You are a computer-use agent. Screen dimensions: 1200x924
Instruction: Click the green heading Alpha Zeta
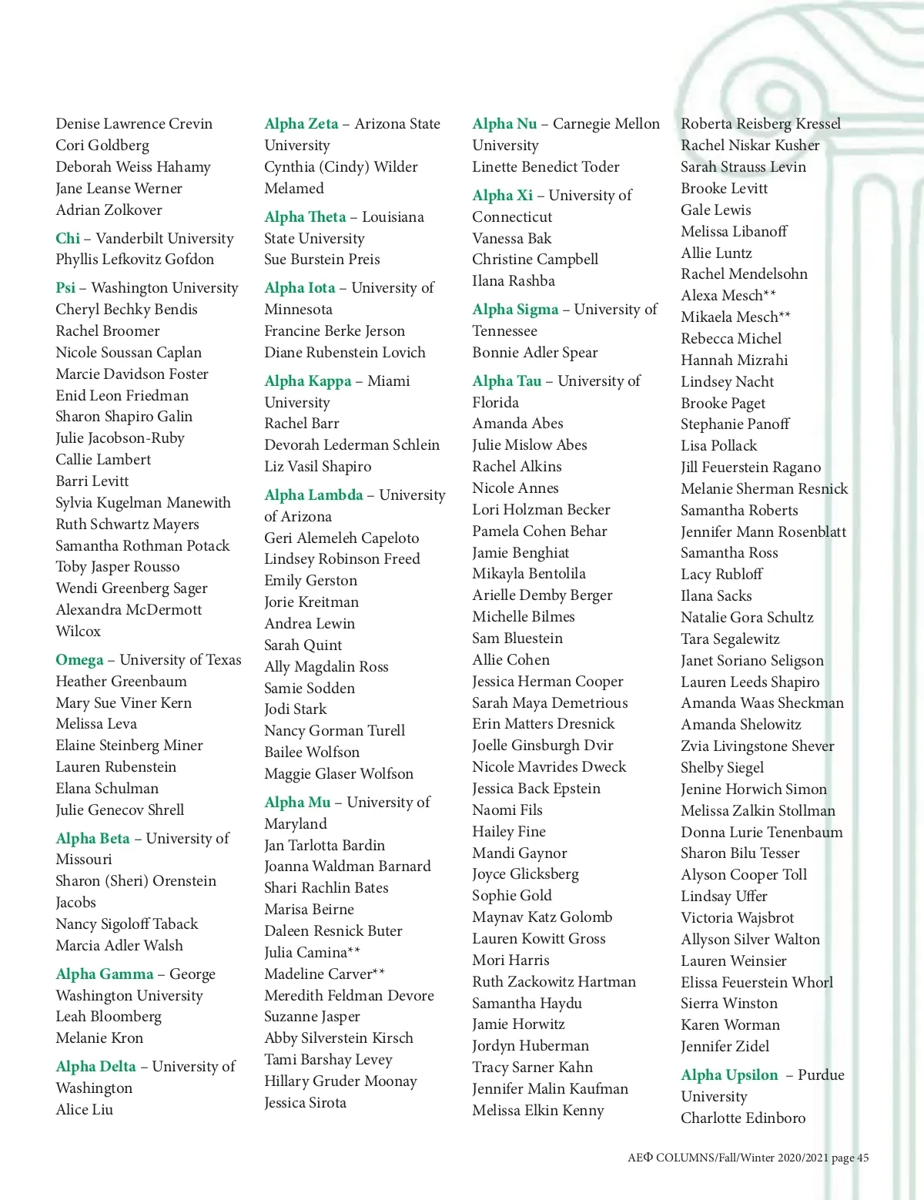click(x=301, y=124)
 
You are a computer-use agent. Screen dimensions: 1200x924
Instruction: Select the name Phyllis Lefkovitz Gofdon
click(x=135, y=260)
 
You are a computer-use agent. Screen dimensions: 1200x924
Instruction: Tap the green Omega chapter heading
click(x=79, y=660)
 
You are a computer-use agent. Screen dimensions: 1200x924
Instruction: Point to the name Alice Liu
click(x=85, y=1110)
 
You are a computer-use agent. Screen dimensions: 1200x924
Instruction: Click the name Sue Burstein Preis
click(x=322, y=260)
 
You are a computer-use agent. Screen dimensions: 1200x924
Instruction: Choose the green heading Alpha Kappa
click(x=307, y=381)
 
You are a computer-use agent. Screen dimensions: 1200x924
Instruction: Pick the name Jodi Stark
click(x=295, y=709)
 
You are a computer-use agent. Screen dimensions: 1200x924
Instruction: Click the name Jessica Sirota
click(x=305, y=1103)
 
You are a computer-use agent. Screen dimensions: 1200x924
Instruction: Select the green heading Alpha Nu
click(x=504, y=124)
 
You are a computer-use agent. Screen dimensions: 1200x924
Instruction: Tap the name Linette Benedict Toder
click(x=545, y=167)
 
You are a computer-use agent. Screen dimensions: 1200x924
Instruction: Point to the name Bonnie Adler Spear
click(x=534, y=353)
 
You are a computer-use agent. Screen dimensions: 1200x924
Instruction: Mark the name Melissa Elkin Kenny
click(x=537, y=1111)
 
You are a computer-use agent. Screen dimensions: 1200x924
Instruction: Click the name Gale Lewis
click(x=715, y=210)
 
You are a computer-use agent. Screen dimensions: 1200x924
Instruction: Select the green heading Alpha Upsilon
click(x=729, y=1075)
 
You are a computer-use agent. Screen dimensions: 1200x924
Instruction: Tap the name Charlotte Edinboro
click(x=742, y=1118)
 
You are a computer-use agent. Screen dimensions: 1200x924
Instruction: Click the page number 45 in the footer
click(x=862, y=1158)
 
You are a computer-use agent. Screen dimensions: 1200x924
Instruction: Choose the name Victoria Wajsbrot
click(x=737, y=918)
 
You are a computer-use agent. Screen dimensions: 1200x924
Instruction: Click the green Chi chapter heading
click(x=68, y=239)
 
